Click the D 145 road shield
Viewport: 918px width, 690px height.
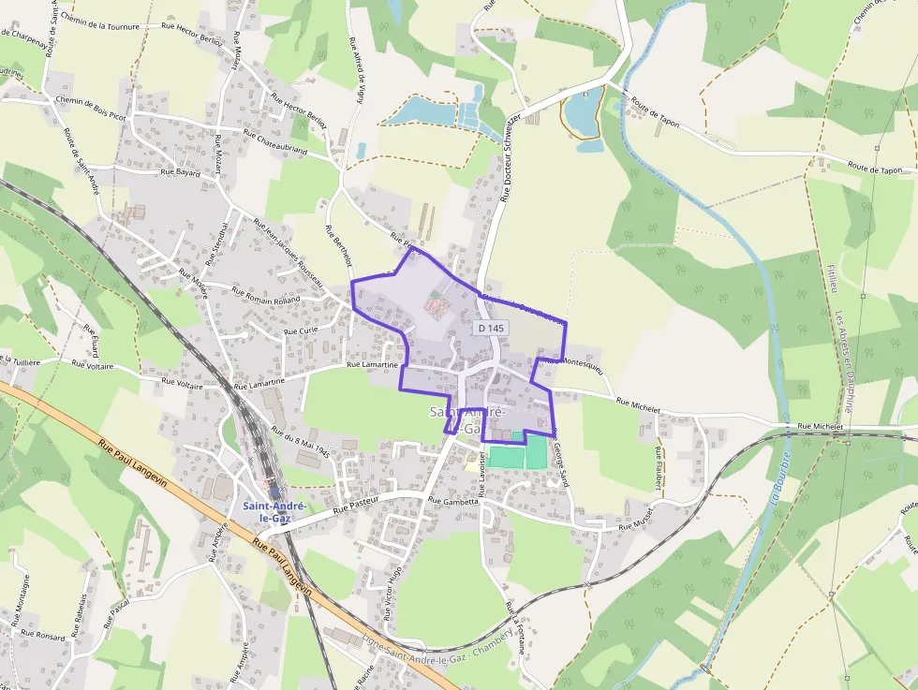click(x=490, y=328)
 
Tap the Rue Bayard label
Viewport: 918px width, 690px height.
click(x=182, y=172)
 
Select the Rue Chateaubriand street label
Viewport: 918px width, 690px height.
click(x=274, y=141)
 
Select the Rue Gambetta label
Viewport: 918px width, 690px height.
click(x=453, y=501)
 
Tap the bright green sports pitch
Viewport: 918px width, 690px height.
click(x=517, y=457)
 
